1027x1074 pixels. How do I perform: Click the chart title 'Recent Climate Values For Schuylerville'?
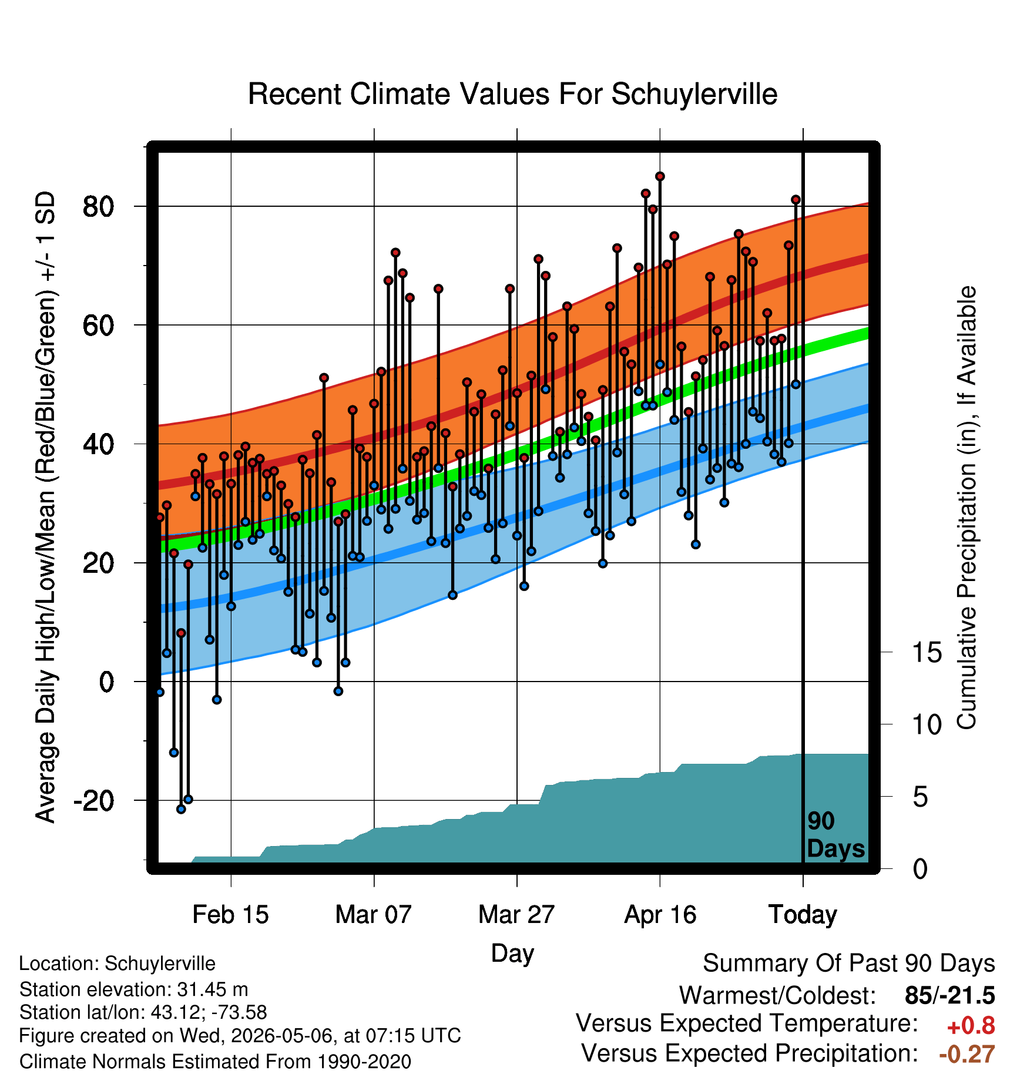pos(512,94)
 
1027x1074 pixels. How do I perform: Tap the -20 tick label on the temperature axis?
pos(93,801)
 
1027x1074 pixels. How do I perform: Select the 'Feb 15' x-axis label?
pos(230,915)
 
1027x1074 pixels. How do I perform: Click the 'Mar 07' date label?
pos(374,915)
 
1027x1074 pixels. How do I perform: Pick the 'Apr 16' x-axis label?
pos(660,915)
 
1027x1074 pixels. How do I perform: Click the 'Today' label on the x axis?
pos(803,915)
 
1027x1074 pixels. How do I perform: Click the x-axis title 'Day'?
pos(512,954)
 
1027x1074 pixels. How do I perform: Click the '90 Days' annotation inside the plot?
pos(835,835)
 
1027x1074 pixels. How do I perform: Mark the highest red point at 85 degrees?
pos(660,176)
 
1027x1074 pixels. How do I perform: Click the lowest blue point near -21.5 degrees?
pos(181,809)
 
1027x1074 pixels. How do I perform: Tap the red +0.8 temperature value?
pos(971,1026)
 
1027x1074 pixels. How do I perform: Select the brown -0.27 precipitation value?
pos(967,1054)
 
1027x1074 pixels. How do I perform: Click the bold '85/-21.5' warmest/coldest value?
pos(950,995)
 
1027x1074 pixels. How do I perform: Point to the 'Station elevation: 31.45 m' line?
pos(134,989)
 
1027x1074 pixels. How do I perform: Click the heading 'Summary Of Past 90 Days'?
pos(849,964)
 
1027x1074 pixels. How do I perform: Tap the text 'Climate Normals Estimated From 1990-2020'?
pos(215,1062)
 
